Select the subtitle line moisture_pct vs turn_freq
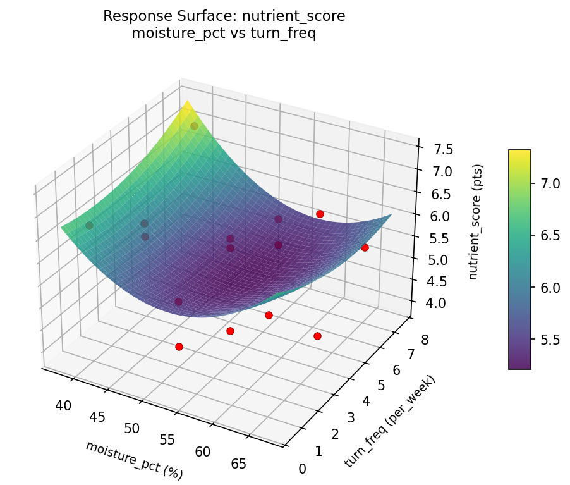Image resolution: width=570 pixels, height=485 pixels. [x=224, y=34]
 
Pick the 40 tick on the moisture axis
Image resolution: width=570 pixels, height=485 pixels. [x=63, y=405]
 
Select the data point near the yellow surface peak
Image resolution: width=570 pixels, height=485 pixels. [x=194, y=126]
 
